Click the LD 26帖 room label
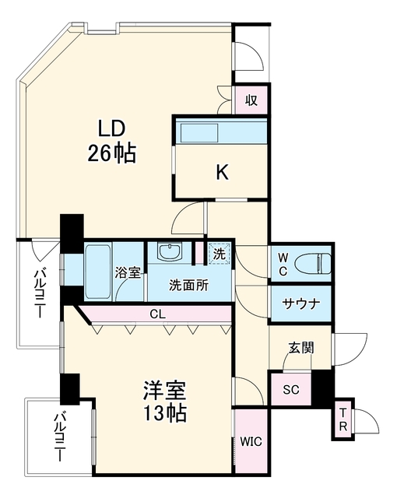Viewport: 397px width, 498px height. coord(112,142)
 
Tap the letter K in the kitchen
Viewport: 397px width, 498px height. coord(223,173)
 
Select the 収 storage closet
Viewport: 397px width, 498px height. coord(251,100)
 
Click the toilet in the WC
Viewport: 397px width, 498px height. coord(312,263)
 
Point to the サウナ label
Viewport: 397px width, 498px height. coord(300,304)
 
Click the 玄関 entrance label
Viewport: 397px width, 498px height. coord(301,348)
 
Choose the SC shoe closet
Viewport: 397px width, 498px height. coord(291,389)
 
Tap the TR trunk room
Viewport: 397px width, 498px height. coord(343,419)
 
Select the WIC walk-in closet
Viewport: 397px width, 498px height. coord(251,441)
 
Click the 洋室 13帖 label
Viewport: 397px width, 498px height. coord(165,402)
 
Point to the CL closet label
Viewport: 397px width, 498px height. coord(158,314)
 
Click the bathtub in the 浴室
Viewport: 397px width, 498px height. coord(98,272)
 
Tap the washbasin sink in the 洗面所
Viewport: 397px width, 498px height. coord(170,251)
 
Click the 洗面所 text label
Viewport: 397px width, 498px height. coord(188,286)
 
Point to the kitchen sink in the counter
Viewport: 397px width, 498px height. coord(199,133)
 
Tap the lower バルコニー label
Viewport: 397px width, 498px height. coord(60,437)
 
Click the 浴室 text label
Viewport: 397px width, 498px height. coord(128,272)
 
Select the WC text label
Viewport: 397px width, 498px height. coord(283,265)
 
